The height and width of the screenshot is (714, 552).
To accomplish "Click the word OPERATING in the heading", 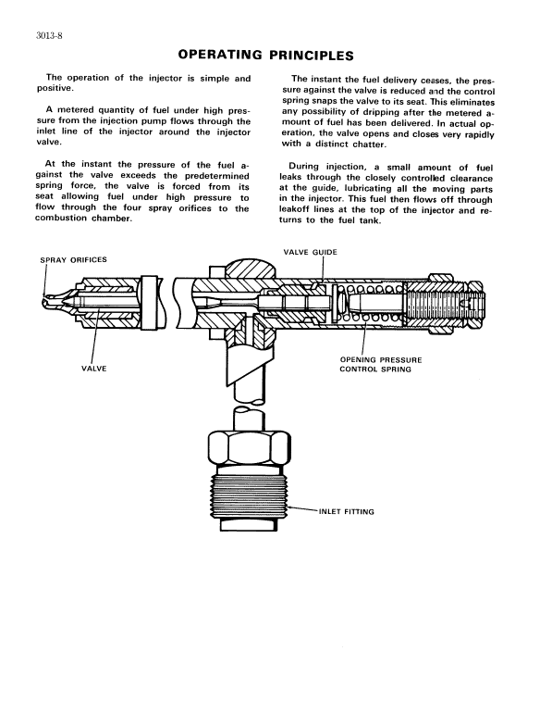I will click(220, 56).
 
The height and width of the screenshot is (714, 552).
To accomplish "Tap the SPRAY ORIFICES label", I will click(70, 260).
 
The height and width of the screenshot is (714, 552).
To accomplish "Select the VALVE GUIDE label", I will click(311, 251).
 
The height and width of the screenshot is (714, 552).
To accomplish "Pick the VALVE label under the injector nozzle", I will click(95, 369).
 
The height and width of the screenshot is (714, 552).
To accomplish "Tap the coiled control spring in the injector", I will click(374, 304).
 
